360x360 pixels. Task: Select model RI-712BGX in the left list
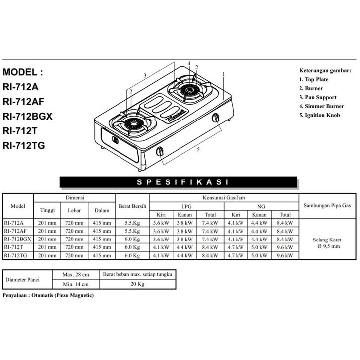27,117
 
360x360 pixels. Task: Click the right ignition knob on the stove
216,118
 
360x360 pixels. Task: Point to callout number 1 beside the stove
224,74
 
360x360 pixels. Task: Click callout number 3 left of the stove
145,75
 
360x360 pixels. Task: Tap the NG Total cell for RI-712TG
285,255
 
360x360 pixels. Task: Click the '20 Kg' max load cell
137,284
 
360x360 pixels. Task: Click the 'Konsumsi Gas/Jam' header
224,197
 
